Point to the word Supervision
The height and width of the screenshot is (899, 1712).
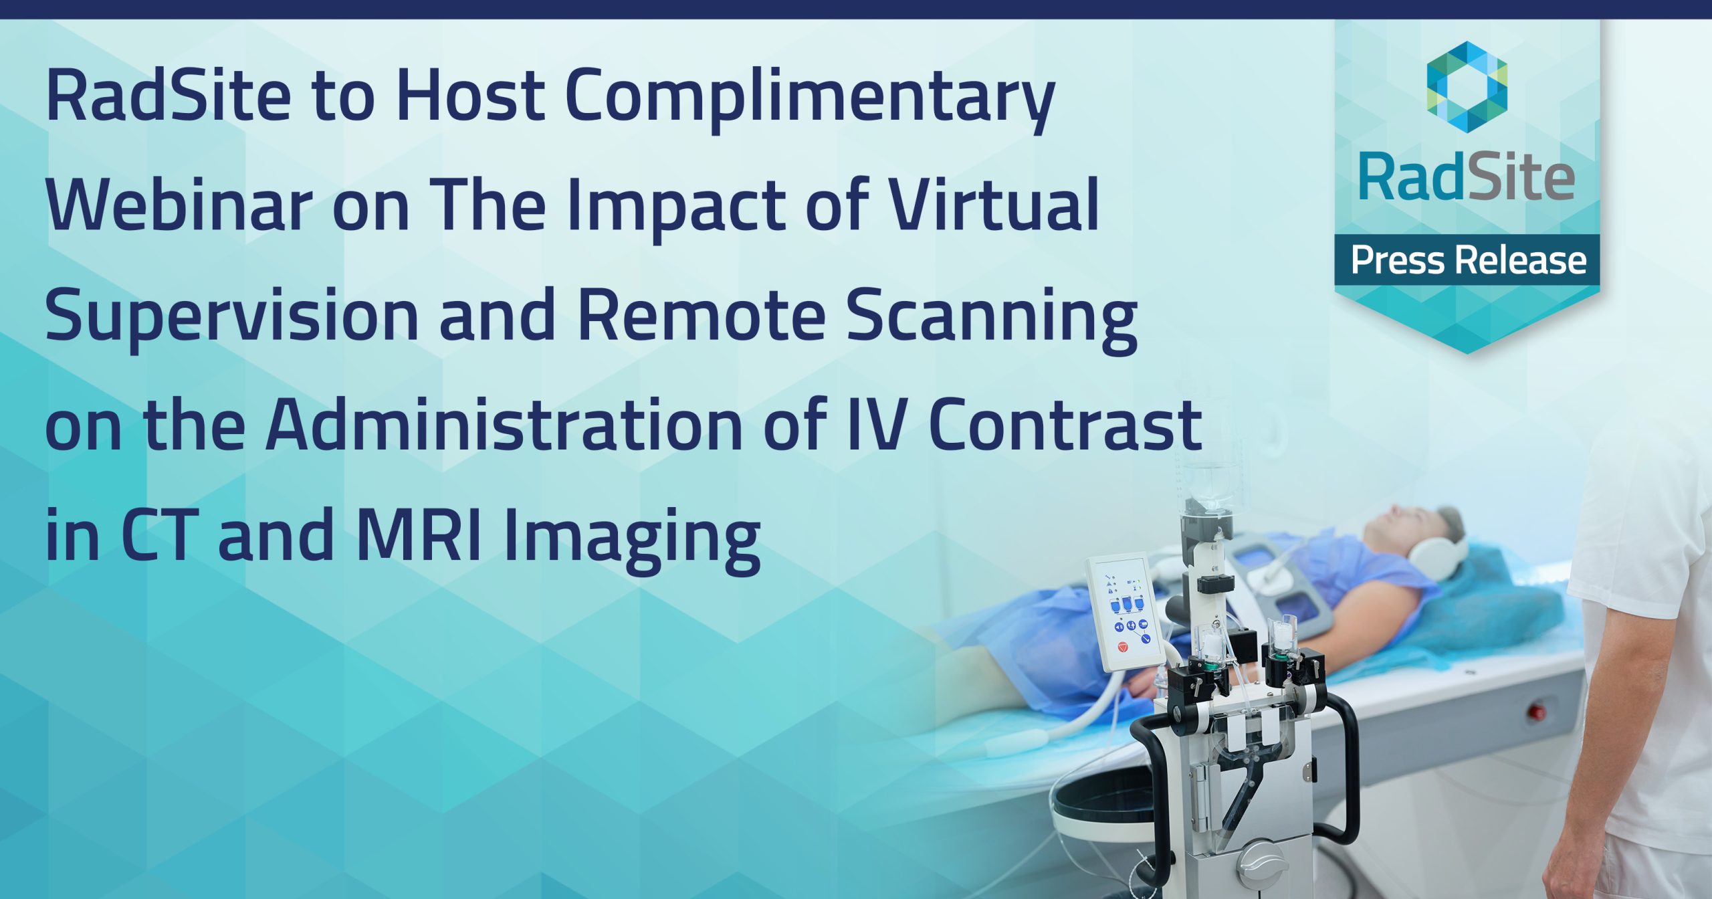(x=231, y=316)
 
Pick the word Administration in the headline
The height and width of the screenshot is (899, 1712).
(x=504, y=425)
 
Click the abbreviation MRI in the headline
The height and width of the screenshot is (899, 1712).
(x=419, y=534)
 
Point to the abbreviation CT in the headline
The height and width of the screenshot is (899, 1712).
(x=158, y=534)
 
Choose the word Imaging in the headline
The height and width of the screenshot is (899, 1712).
(x=632, y=538)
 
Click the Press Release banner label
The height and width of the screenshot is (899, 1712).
(x=1468, y=260)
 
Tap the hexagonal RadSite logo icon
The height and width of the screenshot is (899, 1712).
(x=1467, y=87)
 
